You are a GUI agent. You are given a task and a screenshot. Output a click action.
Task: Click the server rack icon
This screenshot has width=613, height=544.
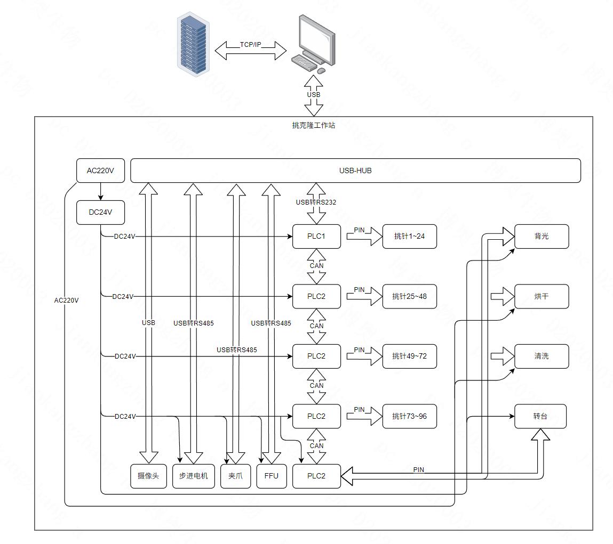(193, 45)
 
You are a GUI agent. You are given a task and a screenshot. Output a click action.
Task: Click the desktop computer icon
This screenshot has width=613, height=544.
(315, 45)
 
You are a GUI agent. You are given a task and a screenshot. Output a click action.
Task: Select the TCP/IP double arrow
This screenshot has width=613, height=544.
(251, 50)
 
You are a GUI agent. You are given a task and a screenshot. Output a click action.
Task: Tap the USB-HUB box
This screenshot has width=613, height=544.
(355, 170)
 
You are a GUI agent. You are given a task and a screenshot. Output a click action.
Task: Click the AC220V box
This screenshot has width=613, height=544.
(100, 170)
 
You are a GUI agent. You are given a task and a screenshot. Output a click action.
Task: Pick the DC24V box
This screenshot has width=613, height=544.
(100, 212)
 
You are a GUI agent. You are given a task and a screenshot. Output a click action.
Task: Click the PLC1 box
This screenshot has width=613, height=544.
(316, 236)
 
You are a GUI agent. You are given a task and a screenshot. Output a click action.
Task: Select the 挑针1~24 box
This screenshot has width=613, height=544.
(409, 236)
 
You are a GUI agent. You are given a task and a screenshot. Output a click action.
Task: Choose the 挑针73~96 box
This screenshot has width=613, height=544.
(409, 416)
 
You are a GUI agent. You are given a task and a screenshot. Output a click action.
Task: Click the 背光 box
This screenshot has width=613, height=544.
(541, 236)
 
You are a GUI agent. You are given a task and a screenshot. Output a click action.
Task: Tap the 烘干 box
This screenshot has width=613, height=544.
(541, 296)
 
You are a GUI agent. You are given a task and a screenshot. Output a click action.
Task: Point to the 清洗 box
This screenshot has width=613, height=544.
(541, 356)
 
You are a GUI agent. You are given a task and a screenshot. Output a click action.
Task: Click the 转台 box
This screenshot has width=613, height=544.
(540, 416)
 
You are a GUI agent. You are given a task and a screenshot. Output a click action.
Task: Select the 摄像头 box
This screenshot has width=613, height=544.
(148, 476)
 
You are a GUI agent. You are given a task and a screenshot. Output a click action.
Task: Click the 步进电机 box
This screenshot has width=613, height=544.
(193, 476)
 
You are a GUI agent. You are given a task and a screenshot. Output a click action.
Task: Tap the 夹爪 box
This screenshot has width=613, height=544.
(235, 476)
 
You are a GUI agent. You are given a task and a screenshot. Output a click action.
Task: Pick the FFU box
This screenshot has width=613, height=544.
(271, 476)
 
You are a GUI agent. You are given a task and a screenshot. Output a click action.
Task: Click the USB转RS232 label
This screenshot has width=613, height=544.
(316, 202)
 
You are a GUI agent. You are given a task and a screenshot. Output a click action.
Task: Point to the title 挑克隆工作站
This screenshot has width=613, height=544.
(314, 126)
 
